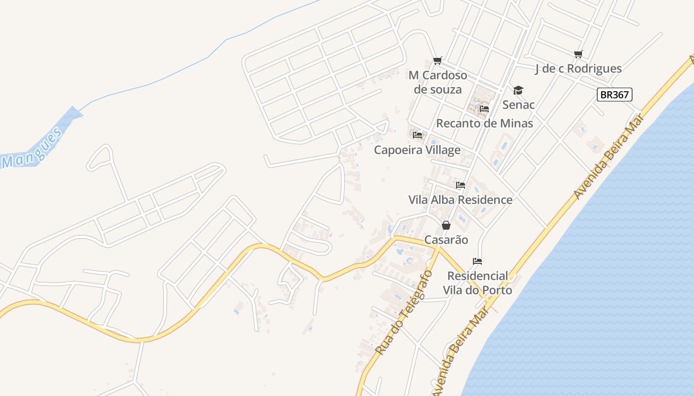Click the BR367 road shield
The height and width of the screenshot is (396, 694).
(x=614, y=95)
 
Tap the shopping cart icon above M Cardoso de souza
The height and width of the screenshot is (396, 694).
(x=437, y=61)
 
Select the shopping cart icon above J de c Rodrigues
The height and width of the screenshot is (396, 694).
(x=578, y=54)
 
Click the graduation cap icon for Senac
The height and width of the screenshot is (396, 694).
(x=518, y=90)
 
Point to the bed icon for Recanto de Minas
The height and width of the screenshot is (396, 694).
(x=484, y=109)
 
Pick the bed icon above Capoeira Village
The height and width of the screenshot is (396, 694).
(x=417, y=135)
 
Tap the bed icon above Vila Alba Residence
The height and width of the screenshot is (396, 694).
(x=461, y=185)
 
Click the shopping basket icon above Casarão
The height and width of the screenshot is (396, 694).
(x=446, y=225)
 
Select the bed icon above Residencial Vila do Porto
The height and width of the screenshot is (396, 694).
(x=477, y=261)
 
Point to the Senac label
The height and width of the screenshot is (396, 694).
(x=519, y=105)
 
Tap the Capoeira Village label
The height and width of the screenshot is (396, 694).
(x=417, y=150)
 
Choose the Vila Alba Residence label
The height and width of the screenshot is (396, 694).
(x=460, y=200)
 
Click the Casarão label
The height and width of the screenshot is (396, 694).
(x=446, y=240)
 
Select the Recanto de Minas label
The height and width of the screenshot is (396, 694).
(x=484, y=123)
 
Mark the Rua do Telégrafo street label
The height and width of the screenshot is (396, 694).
(x=404, y=313)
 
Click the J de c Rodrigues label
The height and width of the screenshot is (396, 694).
(x=578, y=69)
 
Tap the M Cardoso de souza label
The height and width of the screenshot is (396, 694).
(x=438, y=82)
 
